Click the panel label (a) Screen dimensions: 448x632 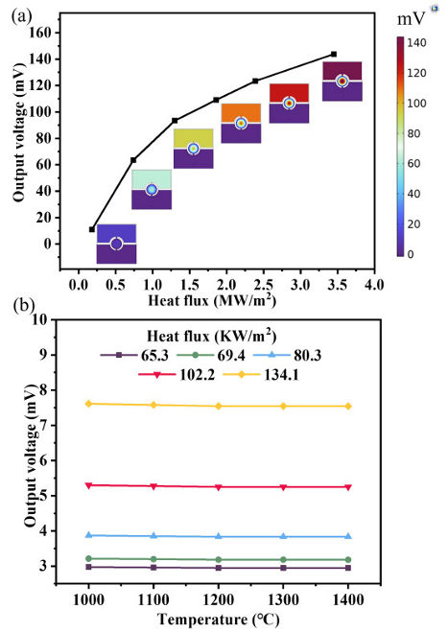pos(22,16)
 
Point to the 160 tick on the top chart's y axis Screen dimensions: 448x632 pos(40,33)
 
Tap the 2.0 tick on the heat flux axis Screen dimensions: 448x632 pos(226,285)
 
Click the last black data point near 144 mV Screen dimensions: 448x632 pos(334,54)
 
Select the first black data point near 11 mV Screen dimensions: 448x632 pos(92,229)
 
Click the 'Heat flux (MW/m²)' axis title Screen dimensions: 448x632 pos(212,301)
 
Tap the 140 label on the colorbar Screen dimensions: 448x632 pos(416,43)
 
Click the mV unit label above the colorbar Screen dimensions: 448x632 pos(411,18)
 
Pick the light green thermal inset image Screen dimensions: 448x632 pos(152,190)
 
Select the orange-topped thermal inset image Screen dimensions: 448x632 pos(241,124)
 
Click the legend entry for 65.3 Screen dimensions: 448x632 pos(134,356)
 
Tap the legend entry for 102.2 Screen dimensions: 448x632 pos(177,375)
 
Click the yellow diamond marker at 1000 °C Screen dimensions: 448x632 pos(88,404)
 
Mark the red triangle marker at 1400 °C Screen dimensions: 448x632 pos(348,487)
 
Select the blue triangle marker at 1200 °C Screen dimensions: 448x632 pos(219,536)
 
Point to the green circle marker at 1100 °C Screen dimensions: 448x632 pos(153,559)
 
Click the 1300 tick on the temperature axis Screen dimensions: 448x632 pos(283,600)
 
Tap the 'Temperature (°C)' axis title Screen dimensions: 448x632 pos(218,620)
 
